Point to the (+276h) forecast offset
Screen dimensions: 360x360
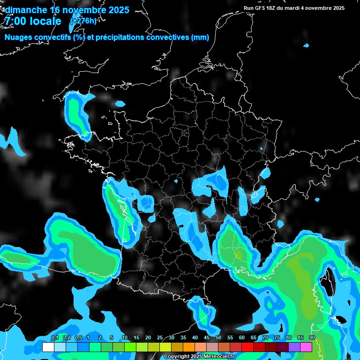coord(83,21)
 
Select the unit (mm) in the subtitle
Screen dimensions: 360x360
coord(200,37)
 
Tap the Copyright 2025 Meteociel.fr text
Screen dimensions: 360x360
coord(199,356)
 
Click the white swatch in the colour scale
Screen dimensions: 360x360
coord(48,347)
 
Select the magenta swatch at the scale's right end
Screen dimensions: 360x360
coord(306,347)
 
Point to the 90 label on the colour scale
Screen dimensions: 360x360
coord(312,338)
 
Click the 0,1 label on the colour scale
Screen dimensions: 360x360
coord(54,338)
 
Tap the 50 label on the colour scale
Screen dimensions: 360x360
coord(218,338)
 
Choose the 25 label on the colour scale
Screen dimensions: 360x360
coord(160,338)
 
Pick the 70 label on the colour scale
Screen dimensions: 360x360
coord(265,338)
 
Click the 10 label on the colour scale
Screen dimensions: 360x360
coord(124,338)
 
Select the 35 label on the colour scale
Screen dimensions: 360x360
coord(183,338)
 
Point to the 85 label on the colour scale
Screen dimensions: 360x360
coord(300,338)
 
